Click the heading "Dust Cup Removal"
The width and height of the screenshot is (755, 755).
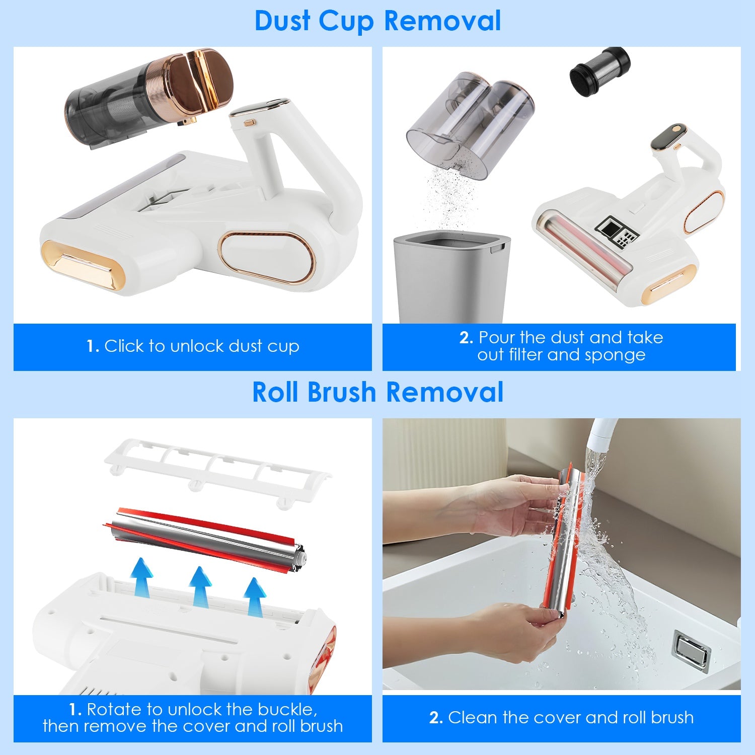point(377,21)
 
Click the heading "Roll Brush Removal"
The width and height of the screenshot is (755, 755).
point(377,393)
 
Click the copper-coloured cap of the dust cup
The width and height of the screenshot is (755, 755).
point(201,81)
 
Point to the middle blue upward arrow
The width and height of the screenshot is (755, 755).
point(200,586)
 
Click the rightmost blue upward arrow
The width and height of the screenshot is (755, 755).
point(255,597)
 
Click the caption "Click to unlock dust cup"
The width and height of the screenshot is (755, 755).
point(193,346)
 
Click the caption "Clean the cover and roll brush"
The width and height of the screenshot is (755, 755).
point(561,717)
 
